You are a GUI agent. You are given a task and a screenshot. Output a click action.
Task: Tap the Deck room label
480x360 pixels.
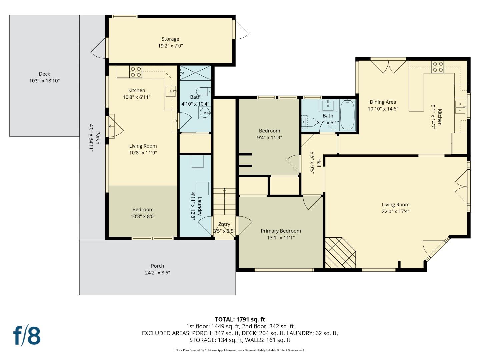click(x=44, y=74)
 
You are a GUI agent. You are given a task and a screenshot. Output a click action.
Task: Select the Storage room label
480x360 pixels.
click(x=170, y=39)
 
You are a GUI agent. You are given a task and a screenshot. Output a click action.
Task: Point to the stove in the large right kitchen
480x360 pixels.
click(x=438, y=67)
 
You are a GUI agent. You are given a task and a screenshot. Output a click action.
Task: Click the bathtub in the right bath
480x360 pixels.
click(x=347, y=115)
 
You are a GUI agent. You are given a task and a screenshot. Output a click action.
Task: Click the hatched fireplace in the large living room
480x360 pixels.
click(x=340, y=253)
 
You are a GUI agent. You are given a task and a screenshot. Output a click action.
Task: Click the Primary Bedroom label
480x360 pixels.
click(x=281, y=231)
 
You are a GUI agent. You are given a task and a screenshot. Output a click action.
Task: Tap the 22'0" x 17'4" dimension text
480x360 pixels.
click(x=396, y=211)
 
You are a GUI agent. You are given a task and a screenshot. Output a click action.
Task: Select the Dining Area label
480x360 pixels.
click(x=383, y=102)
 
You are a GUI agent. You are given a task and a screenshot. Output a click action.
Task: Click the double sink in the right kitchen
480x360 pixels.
click(x=460, y=106)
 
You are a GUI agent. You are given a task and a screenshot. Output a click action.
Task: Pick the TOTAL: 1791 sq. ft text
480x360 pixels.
click(x=240, y=319)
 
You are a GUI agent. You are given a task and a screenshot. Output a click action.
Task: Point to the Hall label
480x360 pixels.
click(x=319, y=163)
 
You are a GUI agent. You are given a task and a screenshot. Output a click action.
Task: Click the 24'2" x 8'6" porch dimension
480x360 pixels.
click(x=157, y=273)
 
